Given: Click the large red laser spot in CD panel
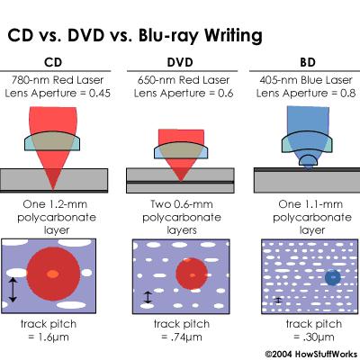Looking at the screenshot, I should [x=54, y=273].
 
